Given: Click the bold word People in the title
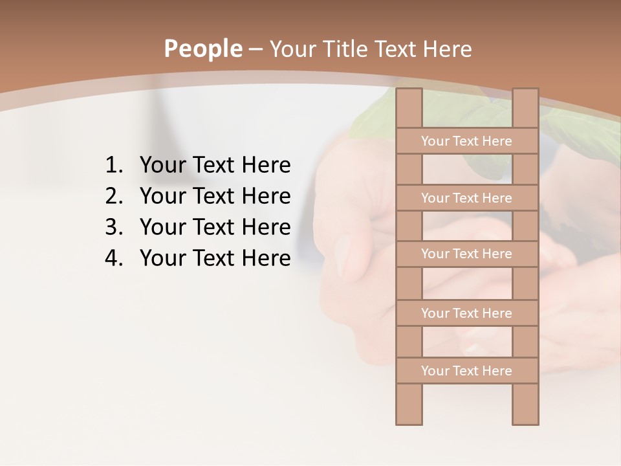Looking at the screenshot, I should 203,49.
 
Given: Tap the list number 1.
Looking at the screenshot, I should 113,166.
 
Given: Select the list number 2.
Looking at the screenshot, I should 113,196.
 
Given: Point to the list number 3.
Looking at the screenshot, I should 113,227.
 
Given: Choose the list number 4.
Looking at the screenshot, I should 113,258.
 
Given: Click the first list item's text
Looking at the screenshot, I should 215,166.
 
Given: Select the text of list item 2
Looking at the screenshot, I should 215,196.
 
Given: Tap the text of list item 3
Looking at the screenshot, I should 215,227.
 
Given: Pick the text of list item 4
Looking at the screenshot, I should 215,258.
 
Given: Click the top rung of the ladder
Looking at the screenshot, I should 466,141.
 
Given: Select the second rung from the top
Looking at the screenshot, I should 466,198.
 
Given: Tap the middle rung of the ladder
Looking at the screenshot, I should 466,254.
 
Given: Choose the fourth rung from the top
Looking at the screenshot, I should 466,313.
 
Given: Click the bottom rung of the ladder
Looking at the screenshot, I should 466,371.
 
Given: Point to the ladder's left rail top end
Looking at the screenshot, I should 409,97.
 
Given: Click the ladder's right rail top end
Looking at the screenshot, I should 525,97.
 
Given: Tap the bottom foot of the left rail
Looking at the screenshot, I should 409,414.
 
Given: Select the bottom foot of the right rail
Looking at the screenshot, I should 525,414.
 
